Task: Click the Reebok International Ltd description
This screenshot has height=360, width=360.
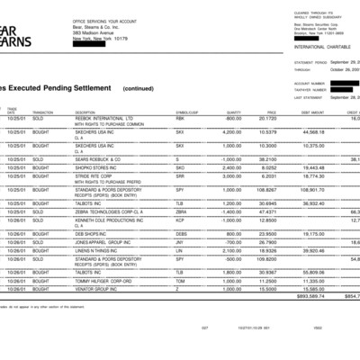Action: [x=103, y=117]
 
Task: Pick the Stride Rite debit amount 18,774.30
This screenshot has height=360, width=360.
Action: [x=308, y=175]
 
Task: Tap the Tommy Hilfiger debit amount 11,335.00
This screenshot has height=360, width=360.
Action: [x=308, y=280]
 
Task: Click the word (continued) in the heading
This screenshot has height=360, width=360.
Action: [x=138, y=89]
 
